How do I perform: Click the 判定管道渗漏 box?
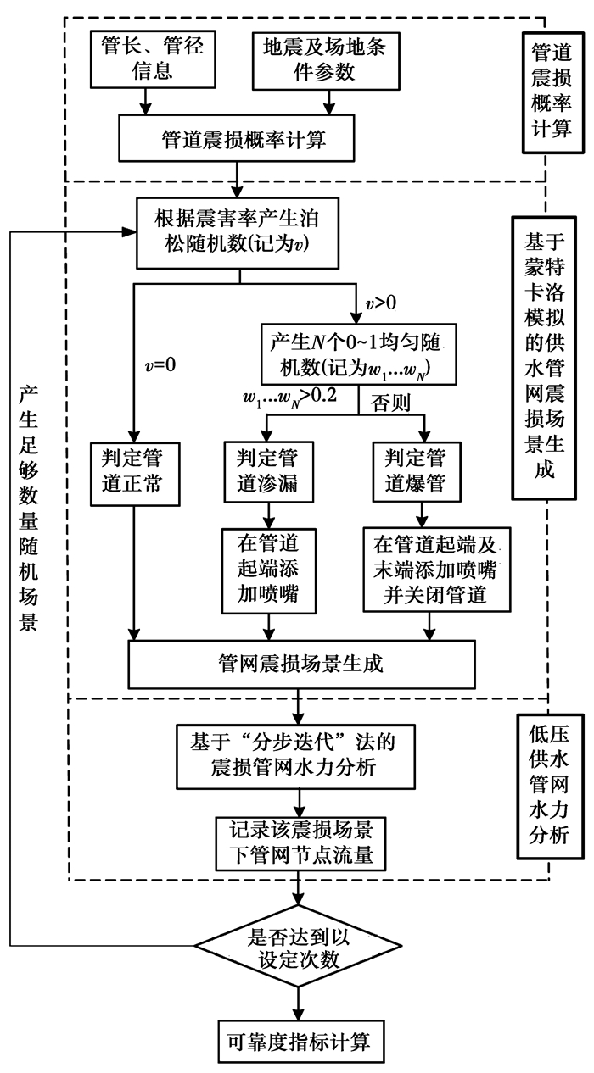point(268,471)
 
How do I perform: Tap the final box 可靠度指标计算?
point(296,1039)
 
